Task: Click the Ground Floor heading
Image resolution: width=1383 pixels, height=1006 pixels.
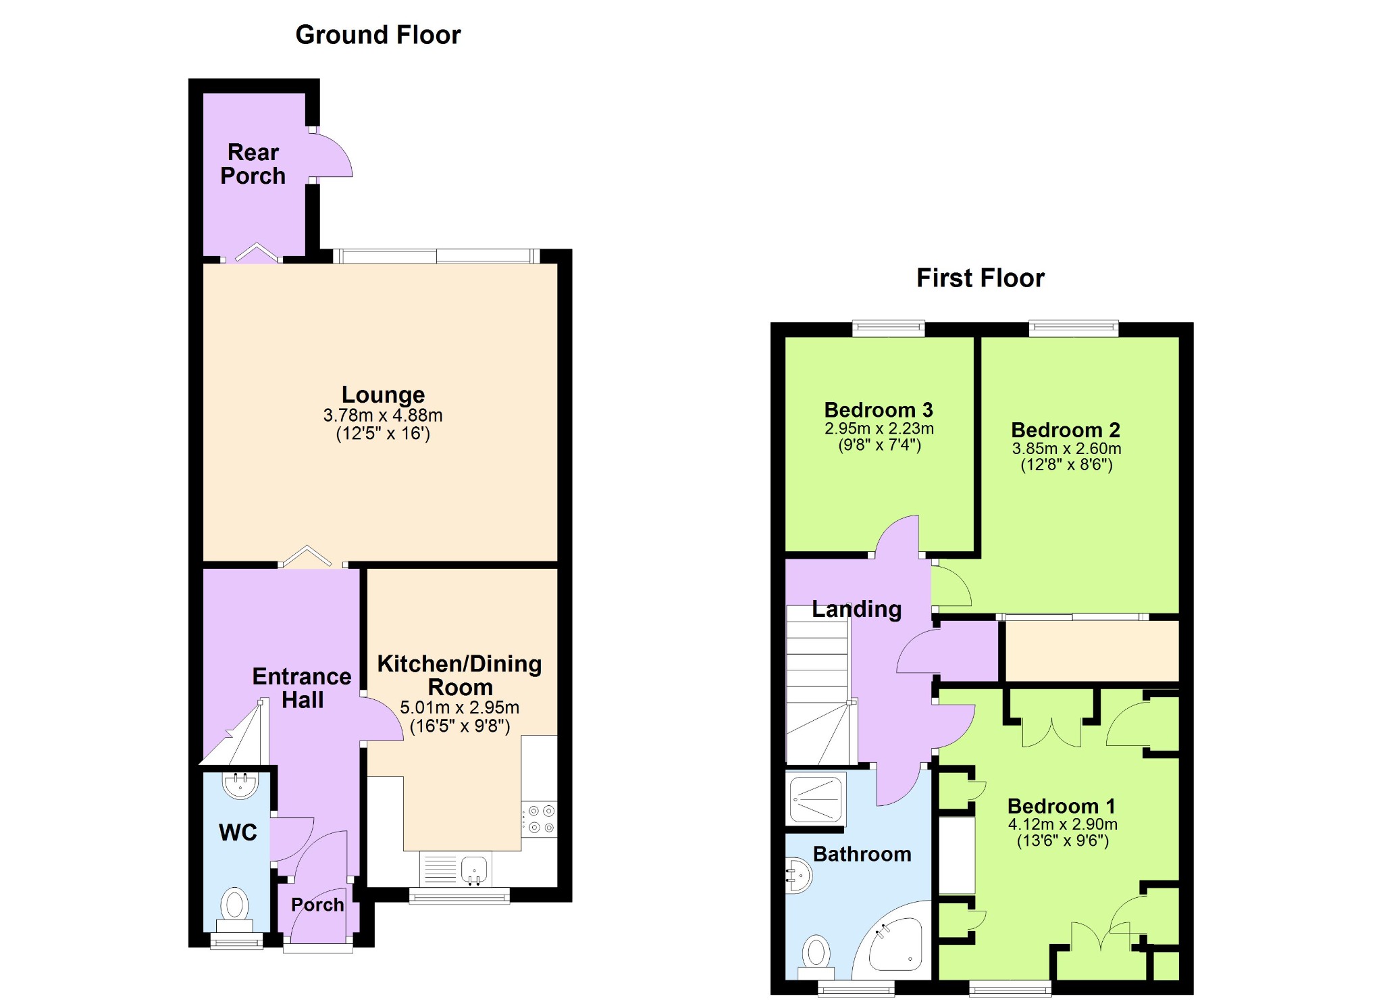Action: coord(378,34)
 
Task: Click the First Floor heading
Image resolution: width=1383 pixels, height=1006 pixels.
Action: coord(980,278)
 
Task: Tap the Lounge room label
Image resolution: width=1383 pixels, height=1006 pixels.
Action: coord(383,394)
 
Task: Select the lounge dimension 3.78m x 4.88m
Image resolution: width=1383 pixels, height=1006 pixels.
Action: coord(383,415)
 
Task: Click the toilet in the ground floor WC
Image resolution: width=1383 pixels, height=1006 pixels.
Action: coord(234,910)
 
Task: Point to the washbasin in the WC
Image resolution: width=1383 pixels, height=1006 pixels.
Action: coord(240,786)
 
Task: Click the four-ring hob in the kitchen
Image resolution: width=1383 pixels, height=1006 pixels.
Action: coord(539,819)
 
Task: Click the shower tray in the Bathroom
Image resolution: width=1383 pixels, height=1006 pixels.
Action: coord(816,800)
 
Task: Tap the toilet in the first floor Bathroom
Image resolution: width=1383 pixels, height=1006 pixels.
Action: coord(816,957)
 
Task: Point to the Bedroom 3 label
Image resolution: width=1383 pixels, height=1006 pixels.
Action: coord(879,409)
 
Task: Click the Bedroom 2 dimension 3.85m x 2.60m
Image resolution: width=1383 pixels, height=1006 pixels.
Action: coord(1066,449)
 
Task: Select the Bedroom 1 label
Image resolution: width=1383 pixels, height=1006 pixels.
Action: coord(1061,806)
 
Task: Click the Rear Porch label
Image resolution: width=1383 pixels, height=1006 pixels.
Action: coord(253,164)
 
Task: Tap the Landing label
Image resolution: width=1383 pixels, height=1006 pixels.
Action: coord(856,609)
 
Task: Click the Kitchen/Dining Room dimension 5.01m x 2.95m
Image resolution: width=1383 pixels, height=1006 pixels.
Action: coord(459,707)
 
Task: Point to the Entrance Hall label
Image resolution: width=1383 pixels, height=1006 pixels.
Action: coord(302,688)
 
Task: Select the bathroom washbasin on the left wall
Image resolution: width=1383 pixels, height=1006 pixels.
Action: coord(798,876)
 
